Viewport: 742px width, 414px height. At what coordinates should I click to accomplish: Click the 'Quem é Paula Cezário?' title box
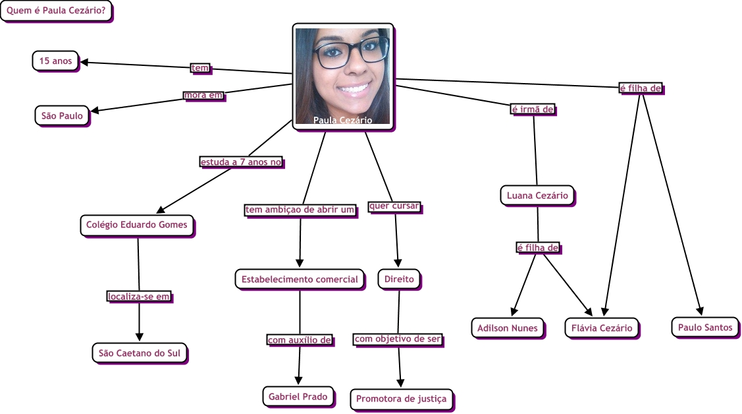click(56, 11)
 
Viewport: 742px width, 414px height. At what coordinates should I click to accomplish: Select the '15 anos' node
click(55, 61)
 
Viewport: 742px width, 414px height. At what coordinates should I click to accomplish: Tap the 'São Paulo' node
click(62, 116)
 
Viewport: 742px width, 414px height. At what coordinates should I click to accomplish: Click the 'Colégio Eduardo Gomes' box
click(137, 225)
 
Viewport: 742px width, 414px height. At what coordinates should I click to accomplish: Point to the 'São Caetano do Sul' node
click(139, 353)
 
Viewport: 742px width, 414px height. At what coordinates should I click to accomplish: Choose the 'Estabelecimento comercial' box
click(300, 279)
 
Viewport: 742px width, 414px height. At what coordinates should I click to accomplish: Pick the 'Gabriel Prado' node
click(298, 396)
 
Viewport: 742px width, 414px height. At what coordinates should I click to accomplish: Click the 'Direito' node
click(399, 279)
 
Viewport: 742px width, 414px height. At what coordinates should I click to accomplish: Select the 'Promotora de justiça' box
click(401, 398)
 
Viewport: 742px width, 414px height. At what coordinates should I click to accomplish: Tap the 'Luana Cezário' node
click(537, 195)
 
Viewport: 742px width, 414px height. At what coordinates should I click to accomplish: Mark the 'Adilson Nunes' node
click(508, 328)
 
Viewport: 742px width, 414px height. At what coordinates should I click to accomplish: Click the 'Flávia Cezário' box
click(602, 328)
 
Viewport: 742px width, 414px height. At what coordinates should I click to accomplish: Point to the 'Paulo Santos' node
click(704, 327)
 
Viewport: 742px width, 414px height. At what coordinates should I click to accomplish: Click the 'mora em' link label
click(203, 95)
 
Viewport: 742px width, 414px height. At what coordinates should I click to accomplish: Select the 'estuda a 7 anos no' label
click(241, 162)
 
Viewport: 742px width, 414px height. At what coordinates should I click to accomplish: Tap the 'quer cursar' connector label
click(394, 206)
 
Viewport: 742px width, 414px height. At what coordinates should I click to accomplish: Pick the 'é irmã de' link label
click(533, 109)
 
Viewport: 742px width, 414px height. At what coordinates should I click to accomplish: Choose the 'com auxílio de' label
click(299, 340)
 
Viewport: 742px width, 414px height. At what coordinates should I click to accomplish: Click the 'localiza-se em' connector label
click(139, 297)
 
